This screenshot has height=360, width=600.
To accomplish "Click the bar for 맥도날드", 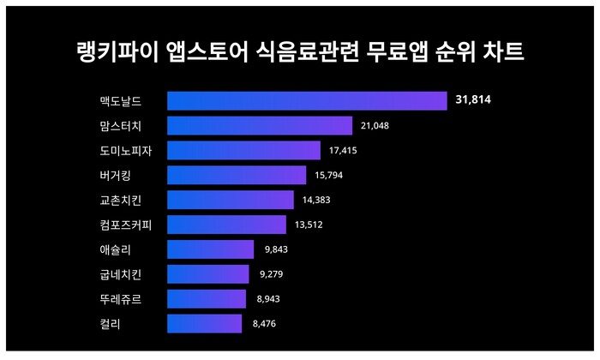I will (307, 101).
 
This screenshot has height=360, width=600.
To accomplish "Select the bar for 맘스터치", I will (260, 126).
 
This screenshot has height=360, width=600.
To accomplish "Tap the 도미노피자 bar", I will (243, 151).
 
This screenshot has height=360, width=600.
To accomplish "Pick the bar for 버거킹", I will (237, 175).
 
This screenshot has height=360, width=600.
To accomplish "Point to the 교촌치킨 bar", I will (230, 200).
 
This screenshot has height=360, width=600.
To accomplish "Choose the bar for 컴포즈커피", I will (226, 225).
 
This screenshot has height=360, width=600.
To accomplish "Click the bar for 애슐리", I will (210, 249).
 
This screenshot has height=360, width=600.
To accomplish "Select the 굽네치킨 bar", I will (207, 274).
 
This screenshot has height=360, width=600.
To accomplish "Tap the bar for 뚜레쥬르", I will (206, 299).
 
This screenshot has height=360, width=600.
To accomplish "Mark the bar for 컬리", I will (204, 324).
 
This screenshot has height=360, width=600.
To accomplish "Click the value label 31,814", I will (473, 101).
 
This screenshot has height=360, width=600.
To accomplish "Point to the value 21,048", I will (375, 126).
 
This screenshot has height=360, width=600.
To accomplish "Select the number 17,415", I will (343, 151).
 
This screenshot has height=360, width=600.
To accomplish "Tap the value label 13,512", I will (309, 225).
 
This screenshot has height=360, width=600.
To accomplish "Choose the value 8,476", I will (265, 324).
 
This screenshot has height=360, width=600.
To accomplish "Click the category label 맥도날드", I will (120, 101).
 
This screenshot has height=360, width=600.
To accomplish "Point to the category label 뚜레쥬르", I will (120, 299).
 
